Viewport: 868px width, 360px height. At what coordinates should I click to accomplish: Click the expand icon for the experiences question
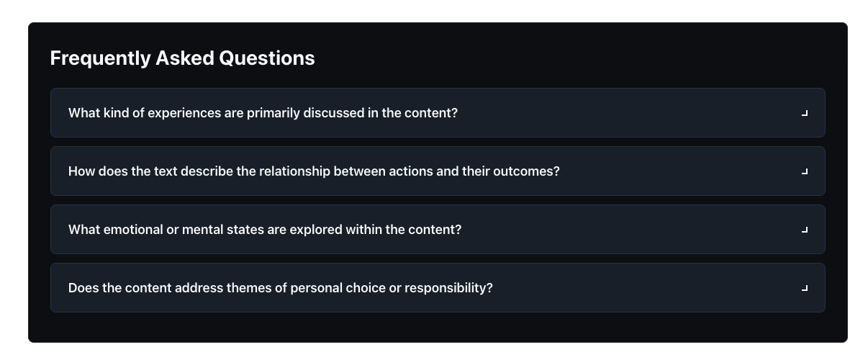805,113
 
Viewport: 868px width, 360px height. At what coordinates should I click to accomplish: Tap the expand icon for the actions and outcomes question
805,171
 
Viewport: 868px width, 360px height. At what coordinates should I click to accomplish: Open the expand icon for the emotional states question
805,230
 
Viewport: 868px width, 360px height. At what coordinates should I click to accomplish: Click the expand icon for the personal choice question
805,288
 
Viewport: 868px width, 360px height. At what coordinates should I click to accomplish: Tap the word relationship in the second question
297,171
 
